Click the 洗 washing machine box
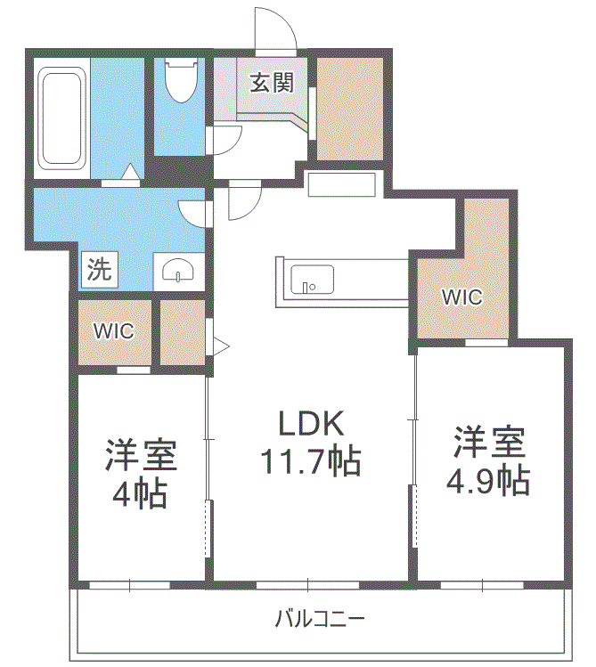click(x=99, y=270)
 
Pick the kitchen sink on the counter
click(x=312, y=280)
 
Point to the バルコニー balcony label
click(x=320, y=618)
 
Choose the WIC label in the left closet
click(x=114, y=331)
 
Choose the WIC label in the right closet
click(x=461, y=297)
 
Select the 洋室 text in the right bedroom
click(x=488, y=442)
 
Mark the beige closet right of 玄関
click(x=349, y=109)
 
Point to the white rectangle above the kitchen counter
click(x=341, y=183)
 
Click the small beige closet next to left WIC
click(x=182, y=332)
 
